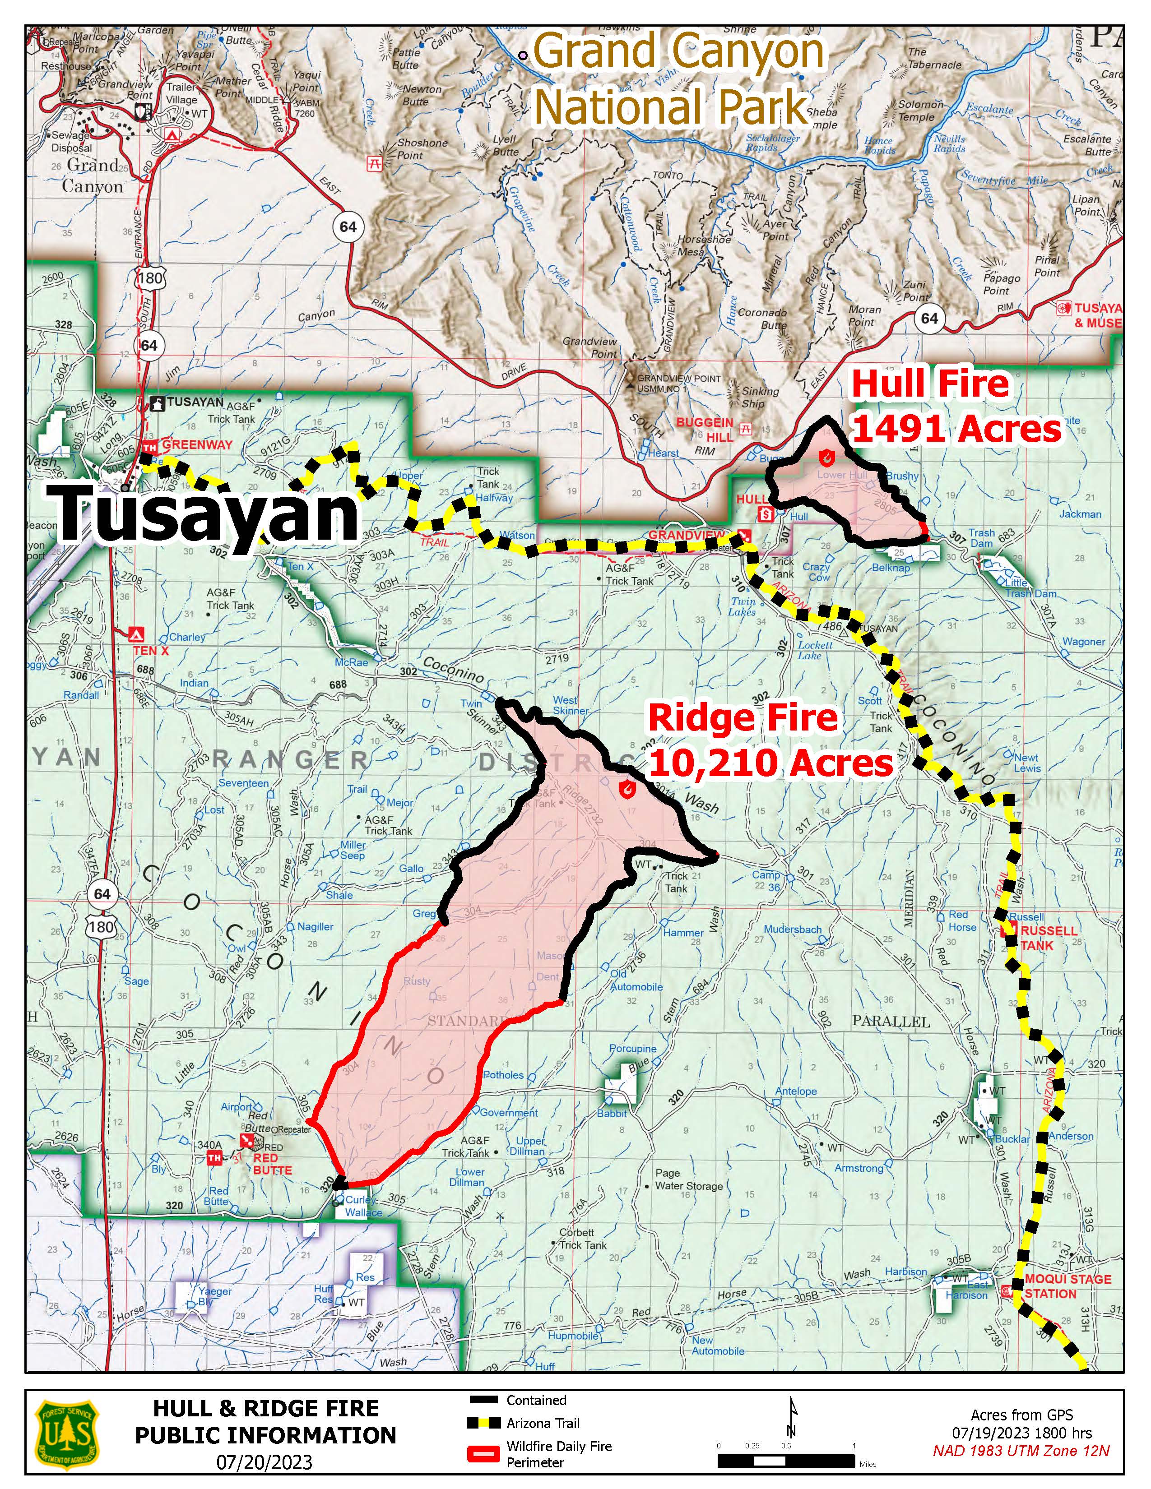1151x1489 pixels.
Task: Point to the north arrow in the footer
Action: coord(791,1418)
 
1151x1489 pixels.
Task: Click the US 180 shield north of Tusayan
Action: coord(149,278)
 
